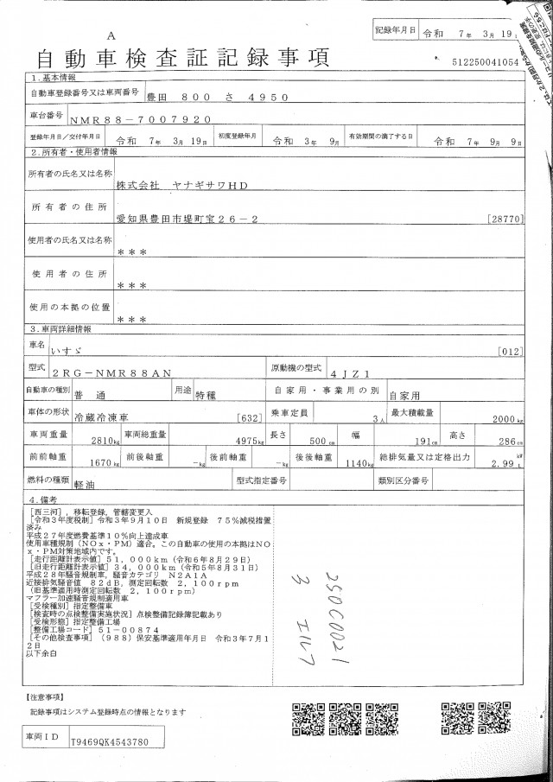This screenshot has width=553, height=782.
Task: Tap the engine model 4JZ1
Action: (350, 372)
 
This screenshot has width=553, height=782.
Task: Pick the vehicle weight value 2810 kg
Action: (93, 440)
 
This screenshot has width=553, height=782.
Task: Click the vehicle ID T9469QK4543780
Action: (110, 741)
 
